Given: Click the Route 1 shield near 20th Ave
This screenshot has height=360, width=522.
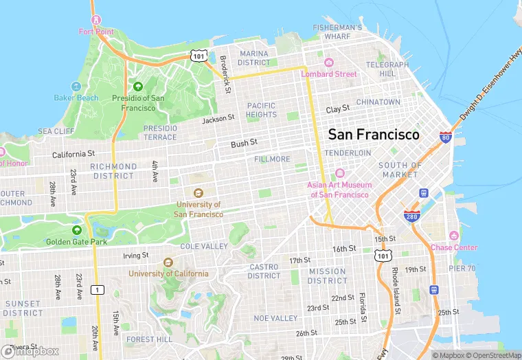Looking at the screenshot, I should pyautogui.click(x=98, y=289).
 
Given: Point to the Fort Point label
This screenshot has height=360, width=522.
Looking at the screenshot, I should pyautogui.click(x=96, y=32).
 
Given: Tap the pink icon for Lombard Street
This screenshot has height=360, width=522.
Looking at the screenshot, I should pyautogui.click(x=328, y=63).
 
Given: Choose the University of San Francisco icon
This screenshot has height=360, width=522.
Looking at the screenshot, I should pyautogui.click(x=198, y=194).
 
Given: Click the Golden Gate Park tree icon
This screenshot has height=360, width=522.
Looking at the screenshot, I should pyautogui.click(x=77, y=231).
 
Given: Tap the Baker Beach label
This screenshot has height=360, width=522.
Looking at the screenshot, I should pyautogui.click(x=76, y=98).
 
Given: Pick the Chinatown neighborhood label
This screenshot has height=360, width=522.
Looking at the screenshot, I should pyautogui.click(x=378, y=102).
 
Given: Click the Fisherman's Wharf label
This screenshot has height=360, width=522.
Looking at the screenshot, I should pyautogui.click(x=337, y=32).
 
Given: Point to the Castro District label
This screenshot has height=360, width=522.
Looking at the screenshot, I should pyautogui.click(x=264, y=271).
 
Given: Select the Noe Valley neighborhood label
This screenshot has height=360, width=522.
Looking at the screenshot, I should pyautogui.click(x=275, y=318).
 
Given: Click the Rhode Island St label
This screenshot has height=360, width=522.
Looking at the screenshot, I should pyautogui.click(x=395, y=284).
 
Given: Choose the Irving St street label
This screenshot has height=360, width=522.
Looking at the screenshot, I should pyautogui.click(x=135, y=256).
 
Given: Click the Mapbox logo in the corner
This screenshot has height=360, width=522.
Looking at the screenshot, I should pyautogui.click(x=30, y=351).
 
